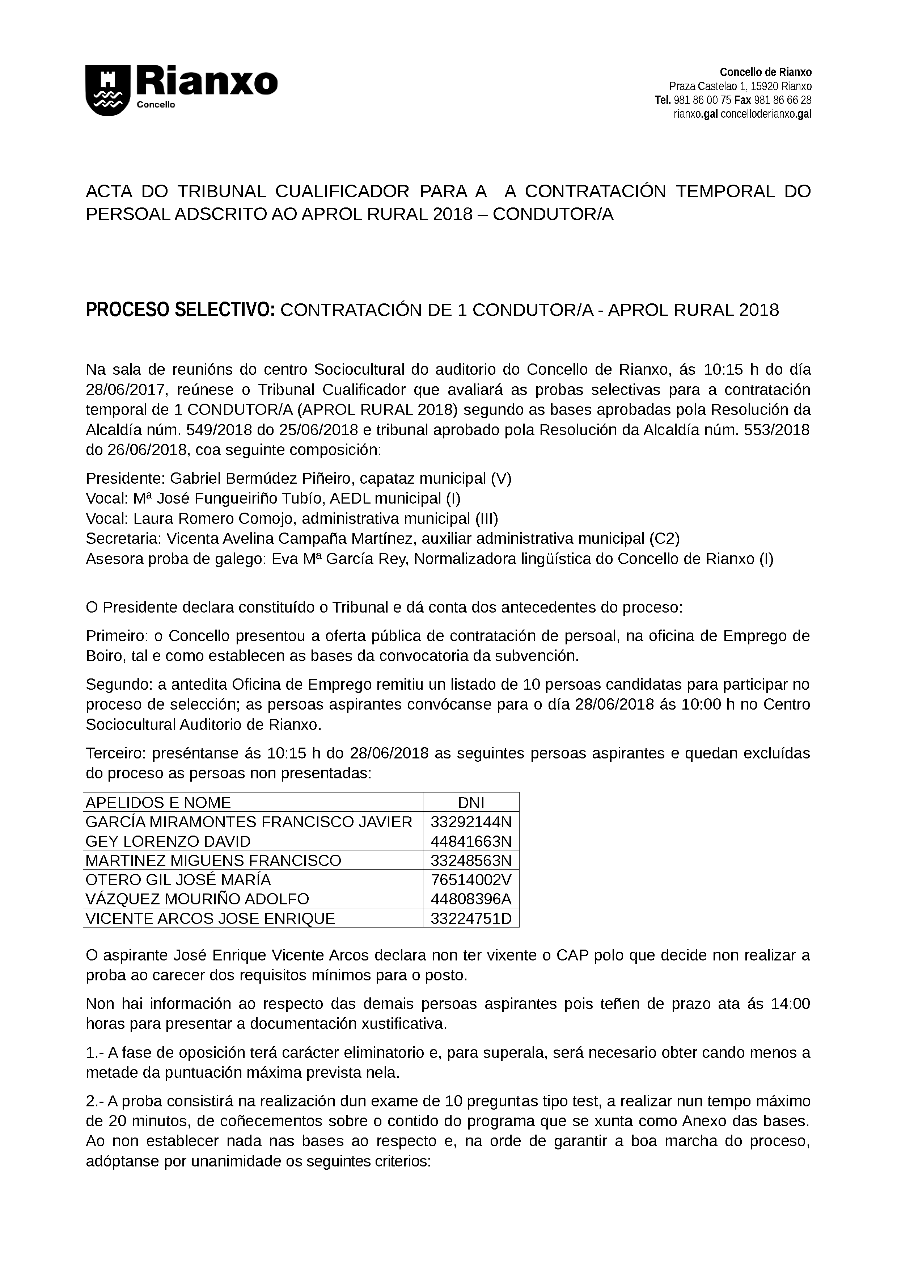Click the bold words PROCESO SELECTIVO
click(180, 310)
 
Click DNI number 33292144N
click(471, 822)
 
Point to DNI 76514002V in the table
click(471, 880)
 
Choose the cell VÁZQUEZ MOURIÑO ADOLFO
click(197, 899)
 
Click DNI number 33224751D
click(471, 919)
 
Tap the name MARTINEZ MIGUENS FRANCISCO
click(213, 861)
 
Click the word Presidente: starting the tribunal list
click(126, 479)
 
